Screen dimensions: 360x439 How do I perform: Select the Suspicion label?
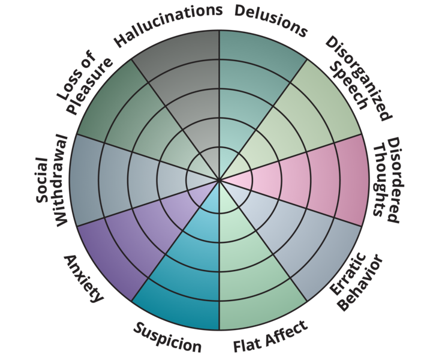[167, 338]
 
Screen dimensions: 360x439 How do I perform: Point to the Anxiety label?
[83, 279]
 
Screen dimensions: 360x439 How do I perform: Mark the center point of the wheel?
[220, 180]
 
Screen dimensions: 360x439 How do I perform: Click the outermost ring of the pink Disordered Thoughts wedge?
[351, 180]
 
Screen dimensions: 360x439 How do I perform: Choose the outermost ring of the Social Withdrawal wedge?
[85, 180]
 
